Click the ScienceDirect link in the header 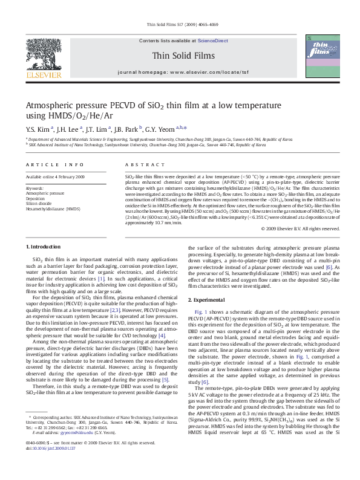pos(213,40)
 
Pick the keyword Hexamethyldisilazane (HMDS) pos(53,208)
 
